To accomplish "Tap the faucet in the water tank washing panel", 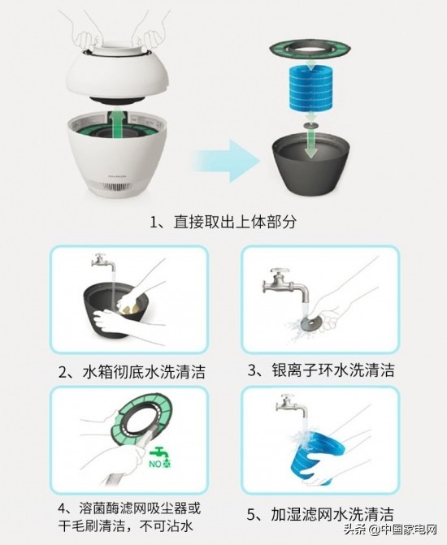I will tap(100, 264).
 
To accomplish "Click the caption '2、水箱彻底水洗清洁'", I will tap(132, 372).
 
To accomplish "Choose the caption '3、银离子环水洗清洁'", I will tap(321, 370).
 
